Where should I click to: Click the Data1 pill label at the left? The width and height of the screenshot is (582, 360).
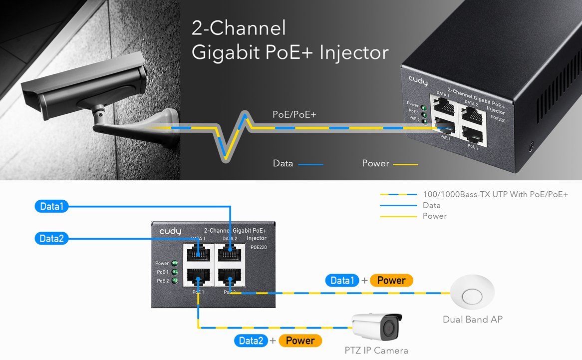click(51, 206)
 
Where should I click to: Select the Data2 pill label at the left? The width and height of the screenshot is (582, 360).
click(51, 238)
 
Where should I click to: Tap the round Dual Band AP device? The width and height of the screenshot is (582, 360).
click(472, 296)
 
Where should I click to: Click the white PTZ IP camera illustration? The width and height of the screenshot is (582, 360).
click(377, 327)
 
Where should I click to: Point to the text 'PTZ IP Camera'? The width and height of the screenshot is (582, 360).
click(376, 351)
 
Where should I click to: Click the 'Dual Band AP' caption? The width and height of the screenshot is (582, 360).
click(472, 319)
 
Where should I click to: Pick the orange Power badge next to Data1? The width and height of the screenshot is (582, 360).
click(391, 281)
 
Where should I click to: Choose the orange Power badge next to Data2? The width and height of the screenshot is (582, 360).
click(300, 341)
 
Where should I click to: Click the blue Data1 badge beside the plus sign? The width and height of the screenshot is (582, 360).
click(342, 281)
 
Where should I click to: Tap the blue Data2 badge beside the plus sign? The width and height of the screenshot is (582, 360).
click(251, 341)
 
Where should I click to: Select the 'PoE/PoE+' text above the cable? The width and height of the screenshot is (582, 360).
click(294, 115)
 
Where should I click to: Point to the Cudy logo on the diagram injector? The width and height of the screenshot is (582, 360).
click(170, 232)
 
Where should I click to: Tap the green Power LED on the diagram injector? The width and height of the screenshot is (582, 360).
click(175, 264)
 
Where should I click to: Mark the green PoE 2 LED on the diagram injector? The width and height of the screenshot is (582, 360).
click(175, 281)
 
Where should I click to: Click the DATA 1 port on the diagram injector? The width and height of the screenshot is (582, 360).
click(199, 252)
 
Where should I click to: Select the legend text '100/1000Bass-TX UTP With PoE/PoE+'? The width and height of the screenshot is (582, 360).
click(495, 194)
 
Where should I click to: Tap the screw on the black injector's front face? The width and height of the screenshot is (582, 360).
click(531, 147)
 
